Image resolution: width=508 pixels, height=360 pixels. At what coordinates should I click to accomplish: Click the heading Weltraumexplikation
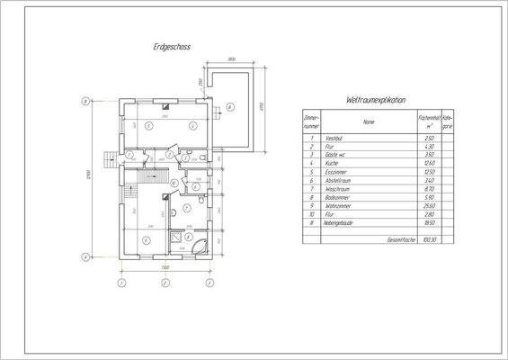pyautogui.click(x=376, y=100)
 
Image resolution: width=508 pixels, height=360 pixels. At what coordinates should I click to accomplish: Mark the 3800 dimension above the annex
pyautogui.click(x=231, y=61)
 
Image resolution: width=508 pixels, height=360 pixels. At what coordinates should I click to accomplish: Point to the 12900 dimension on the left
pyautogui.click(x=87, y=179)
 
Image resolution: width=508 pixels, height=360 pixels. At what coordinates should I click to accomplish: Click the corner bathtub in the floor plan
pyautogui.click(x=200, y=246)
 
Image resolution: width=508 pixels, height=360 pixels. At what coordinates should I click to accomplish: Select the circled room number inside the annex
pyautogui.click(x=230, y=109)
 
